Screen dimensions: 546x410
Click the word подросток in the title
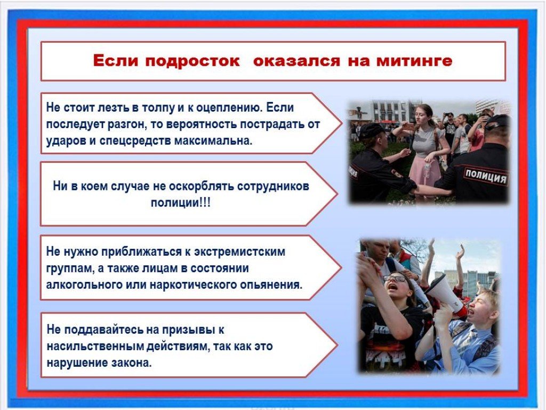(x=192, y=61)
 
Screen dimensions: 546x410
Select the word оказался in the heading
(x=296, y=61)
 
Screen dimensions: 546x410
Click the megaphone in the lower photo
(x=444, y=293)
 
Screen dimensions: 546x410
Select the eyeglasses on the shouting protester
(x=395, y=279)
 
